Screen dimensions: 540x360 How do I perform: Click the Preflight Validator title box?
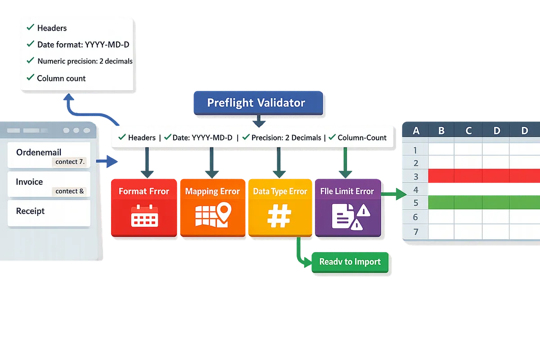coord(258,103)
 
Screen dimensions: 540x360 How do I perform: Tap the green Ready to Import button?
coord(350,262)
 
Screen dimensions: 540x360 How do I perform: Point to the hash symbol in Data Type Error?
coord(279,216)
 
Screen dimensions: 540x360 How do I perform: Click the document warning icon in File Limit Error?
coord(351,217)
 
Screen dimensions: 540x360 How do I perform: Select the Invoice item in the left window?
coord(49,184)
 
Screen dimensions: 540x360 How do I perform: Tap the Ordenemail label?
coord(39,153)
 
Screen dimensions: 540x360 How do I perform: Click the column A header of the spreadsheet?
coord(416,130)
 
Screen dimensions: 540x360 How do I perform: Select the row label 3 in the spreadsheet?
coord(416,177)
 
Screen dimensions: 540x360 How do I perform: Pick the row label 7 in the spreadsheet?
coord(416,232)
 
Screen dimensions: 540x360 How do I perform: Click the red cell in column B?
coord(441,176)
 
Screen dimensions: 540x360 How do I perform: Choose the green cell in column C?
coord(468,202)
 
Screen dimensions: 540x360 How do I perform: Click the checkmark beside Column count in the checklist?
coord(31,77)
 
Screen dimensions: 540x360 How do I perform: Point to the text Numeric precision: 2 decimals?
coord(85,61)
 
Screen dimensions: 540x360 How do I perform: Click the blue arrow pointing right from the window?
coord(107,161)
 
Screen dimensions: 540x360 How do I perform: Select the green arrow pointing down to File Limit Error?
coord(346,163)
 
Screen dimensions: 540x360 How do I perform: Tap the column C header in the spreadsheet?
coord(468,130)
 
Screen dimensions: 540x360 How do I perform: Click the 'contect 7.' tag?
coord(70,162)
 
